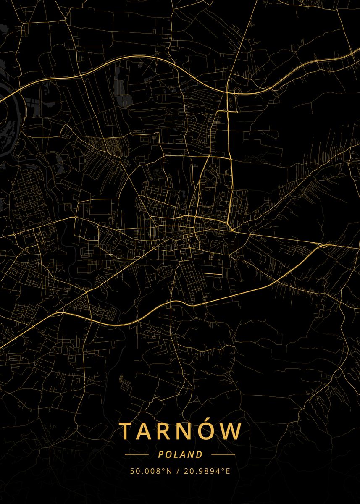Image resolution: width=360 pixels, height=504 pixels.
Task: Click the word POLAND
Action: [180, 454]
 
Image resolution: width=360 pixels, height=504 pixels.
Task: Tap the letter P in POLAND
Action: [160, 454]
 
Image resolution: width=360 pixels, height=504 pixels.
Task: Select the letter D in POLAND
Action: [200, 454]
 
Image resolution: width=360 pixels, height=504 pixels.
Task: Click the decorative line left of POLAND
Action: [137, 454]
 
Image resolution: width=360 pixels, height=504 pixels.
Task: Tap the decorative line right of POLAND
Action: [223, 454]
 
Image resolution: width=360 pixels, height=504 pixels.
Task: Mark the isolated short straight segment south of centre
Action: [213, 273]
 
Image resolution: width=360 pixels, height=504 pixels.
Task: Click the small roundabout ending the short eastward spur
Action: [237, 112]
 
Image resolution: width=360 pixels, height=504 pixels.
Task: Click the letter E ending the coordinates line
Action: [228, 471]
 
